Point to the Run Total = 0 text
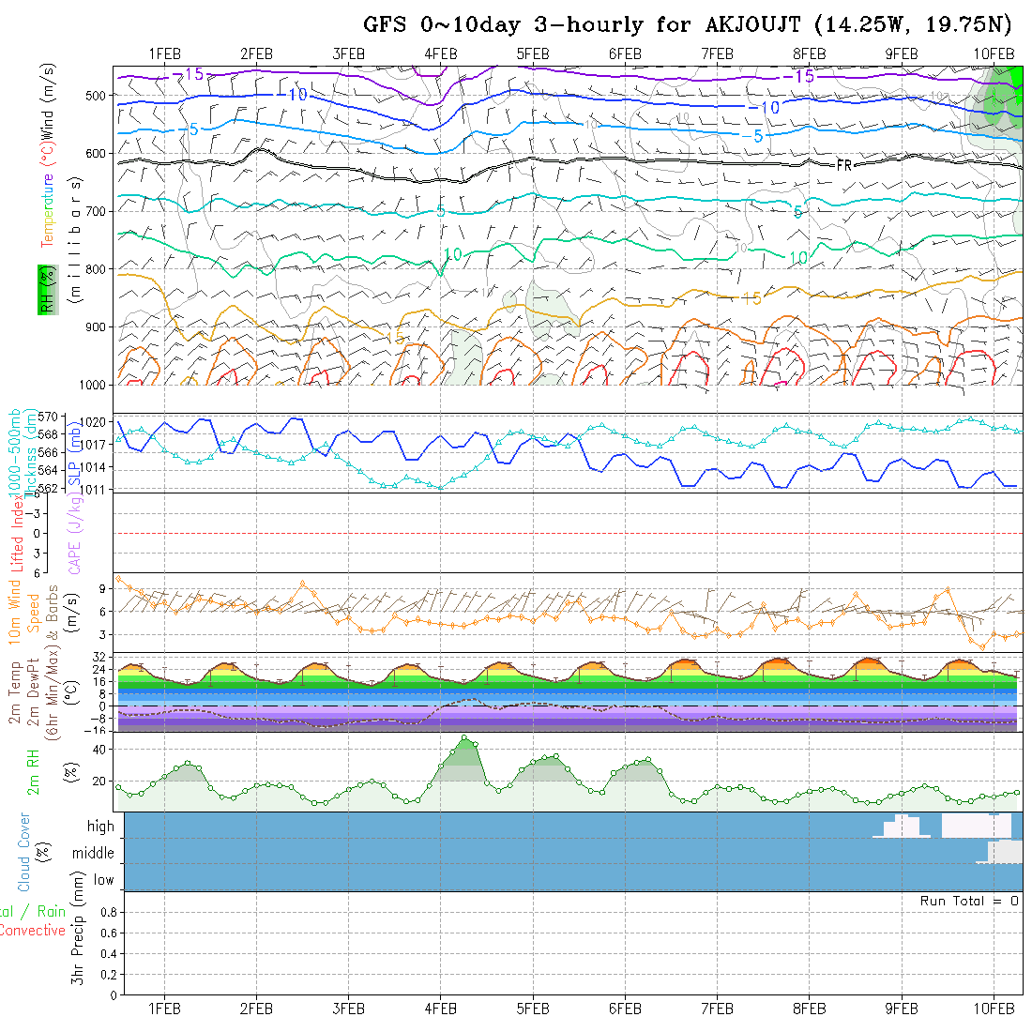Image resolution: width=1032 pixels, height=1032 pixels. (x=969, y=901)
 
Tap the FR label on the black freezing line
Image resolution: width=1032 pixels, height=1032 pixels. (x=843, y=164)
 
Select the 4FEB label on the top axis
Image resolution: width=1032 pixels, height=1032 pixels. (x=440, y=54)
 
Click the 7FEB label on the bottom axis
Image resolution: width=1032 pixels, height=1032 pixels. (x=717, y=1009)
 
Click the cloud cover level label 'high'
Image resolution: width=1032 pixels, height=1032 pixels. (x=100, y=827)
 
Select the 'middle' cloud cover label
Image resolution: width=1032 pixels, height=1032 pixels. (x=94, y=854)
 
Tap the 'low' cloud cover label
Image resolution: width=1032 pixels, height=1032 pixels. (x=103, y=880)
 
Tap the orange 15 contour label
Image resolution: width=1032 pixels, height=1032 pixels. (x=751, y=299)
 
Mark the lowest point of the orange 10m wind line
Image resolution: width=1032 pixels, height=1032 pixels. (x=982, y=647)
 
